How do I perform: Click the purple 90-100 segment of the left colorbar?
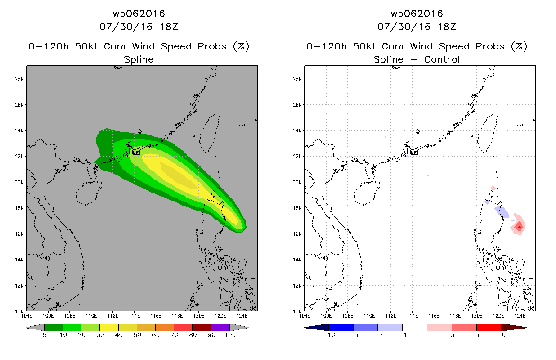pyautogui.click(x=220, y=327)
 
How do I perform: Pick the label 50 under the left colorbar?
pyautogui.click(x=137, y=335)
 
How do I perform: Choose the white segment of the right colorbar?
pyautogui.click(x=414, y=327)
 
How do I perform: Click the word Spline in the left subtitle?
pyautogui.click(x=139, y=59)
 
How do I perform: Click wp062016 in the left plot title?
pyautogui.click(x=139, y=13)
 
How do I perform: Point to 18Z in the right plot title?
pyautogui.click(x=446, y=27)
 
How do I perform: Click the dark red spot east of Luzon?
pyautogui.click(x=520, y=227)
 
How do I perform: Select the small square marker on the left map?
pyautogui.click(x=136, y=152)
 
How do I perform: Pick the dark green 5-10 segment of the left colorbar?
pyautogui.click(x=54, y=327)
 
